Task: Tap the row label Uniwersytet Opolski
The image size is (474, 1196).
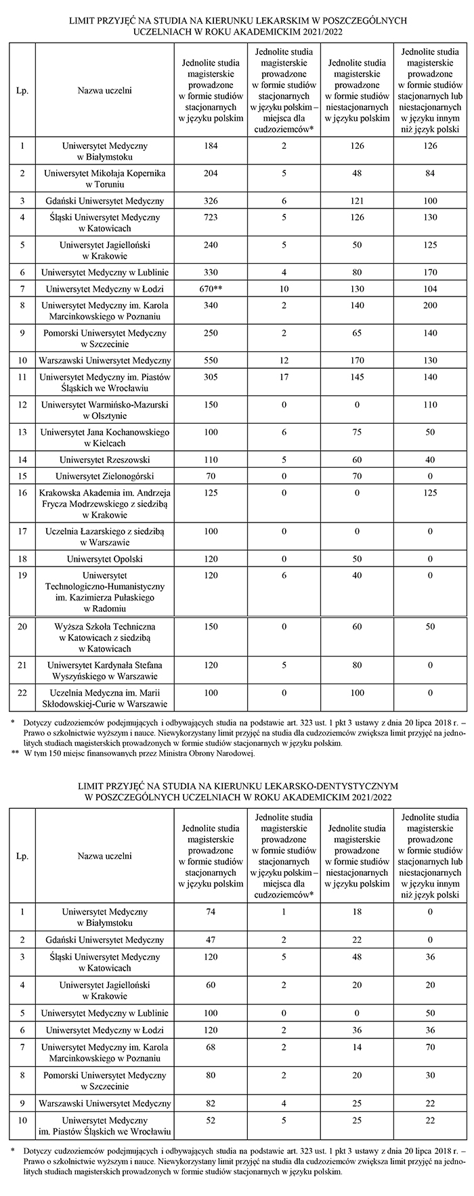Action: (104, 558)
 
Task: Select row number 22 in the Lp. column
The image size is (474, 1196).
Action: (22, 692)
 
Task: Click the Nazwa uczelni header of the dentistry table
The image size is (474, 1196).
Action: (104, 856)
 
